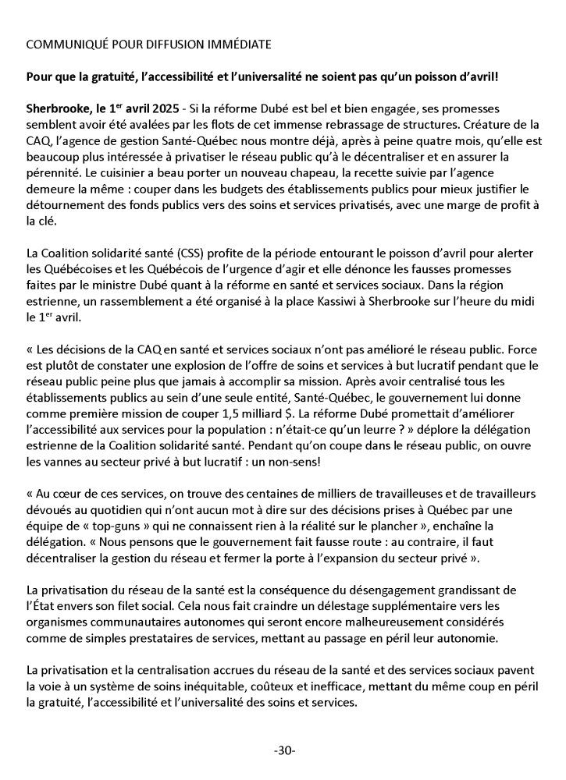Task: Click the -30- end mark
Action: [283, 751]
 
